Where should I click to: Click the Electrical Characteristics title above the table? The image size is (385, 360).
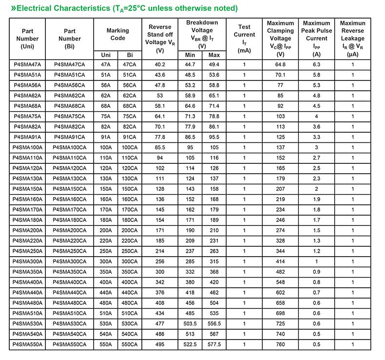(x=124, y=8)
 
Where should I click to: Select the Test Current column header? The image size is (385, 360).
(x=244, y=39)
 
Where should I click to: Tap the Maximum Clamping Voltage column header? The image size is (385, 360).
(x=280, y=39)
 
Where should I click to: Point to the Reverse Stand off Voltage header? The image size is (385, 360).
(x=160, y=39)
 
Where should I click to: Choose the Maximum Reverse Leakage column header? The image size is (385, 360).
(x=352, y=39)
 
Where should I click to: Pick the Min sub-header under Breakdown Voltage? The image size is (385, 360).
(x=190, y=55)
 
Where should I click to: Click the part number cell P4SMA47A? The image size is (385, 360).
(x=27, y=64)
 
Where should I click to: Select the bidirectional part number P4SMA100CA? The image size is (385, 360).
(x=70, y=147)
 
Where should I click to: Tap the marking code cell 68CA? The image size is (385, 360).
(x=130, y=106)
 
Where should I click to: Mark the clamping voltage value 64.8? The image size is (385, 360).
(x=280, y=64)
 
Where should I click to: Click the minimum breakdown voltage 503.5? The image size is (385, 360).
(x=190, y=323)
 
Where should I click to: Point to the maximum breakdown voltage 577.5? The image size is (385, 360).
(x=214, y=344)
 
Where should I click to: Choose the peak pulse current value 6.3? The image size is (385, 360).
(x=316, y=64)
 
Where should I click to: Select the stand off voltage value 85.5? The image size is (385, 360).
(x=160, y=147)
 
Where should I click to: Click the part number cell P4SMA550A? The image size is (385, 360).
(x=27, y=344)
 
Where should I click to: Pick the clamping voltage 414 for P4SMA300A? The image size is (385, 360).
(x=280, y=261)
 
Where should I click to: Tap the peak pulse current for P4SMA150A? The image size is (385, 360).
(x=316, y=189)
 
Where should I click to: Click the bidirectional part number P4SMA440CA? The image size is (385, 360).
(x=70, y=292)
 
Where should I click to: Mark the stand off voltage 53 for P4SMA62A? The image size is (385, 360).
(x=160, y=96)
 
